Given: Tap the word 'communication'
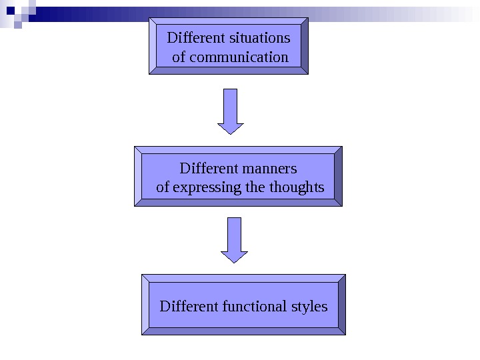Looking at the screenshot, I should [x=239, y=57].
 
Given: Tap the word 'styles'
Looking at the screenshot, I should [x=310, y=307].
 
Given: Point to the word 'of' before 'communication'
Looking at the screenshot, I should [x=179, y=57].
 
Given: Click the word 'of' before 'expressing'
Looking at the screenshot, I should [x=163, y=187].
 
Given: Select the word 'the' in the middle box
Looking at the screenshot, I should [x=255, y=187].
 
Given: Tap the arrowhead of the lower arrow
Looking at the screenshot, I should [x=234, y=256].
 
